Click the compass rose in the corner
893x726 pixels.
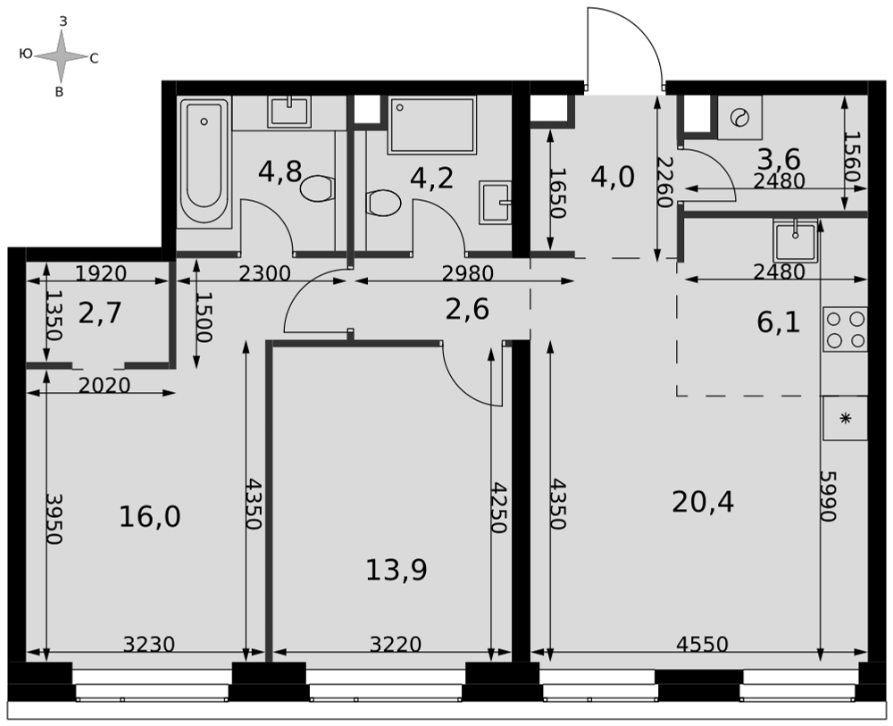62,56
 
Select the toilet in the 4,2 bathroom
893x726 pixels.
383,204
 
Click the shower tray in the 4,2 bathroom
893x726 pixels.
431,125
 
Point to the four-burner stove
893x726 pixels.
845,329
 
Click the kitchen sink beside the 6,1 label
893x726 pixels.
795,239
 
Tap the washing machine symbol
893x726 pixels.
739,118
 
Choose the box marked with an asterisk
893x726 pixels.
845,418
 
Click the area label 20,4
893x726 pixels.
703,502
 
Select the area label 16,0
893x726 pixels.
150,517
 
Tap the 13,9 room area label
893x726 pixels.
396,570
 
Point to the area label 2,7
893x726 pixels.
100,313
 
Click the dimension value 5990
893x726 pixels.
828,496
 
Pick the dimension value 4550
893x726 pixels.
702,644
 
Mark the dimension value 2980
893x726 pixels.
468,274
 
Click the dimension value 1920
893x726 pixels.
101,274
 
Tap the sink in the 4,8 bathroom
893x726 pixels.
290,111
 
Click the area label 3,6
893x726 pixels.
779,158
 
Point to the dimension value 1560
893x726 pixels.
852,156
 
